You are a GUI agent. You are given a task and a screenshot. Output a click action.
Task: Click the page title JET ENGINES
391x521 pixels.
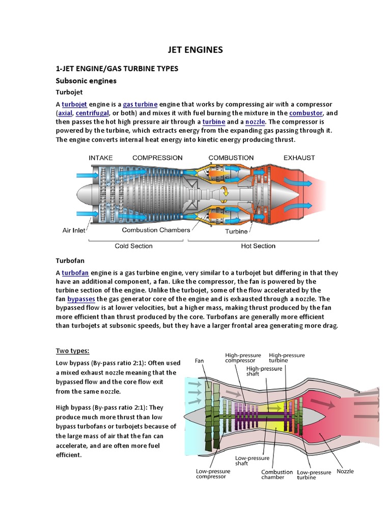pos(195,50)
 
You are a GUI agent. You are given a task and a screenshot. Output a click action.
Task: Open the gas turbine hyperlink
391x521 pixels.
pos(140,104)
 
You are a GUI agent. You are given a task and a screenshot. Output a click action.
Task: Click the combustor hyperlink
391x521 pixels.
pos(306,113)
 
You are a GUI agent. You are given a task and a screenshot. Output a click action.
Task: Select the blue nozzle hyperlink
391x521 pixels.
pos(255,122)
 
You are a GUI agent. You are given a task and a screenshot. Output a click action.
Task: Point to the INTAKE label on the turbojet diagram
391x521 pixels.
pos(100,158)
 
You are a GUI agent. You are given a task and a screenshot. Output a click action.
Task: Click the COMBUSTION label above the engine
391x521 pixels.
pos(231,158)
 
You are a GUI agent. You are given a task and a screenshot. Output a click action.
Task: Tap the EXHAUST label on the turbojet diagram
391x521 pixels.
pos(299,158)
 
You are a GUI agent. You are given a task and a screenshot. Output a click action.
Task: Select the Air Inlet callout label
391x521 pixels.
pos(74,230)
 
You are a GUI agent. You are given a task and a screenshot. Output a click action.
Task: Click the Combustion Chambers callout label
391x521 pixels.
pos(156,230)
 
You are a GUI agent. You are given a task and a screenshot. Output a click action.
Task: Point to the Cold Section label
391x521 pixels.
pos(133,246)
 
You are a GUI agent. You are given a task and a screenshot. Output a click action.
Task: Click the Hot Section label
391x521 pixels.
pos(258,246)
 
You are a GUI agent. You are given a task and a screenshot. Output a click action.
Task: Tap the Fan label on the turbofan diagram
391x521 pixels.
pos(200,361)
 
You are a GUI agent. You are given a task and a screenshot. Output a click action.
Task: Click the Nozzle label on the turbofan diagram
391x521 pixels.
pos(345,472)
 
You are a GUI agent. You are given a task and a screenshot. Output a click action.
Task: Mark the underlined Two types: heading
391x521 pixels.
pos(72,351)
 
